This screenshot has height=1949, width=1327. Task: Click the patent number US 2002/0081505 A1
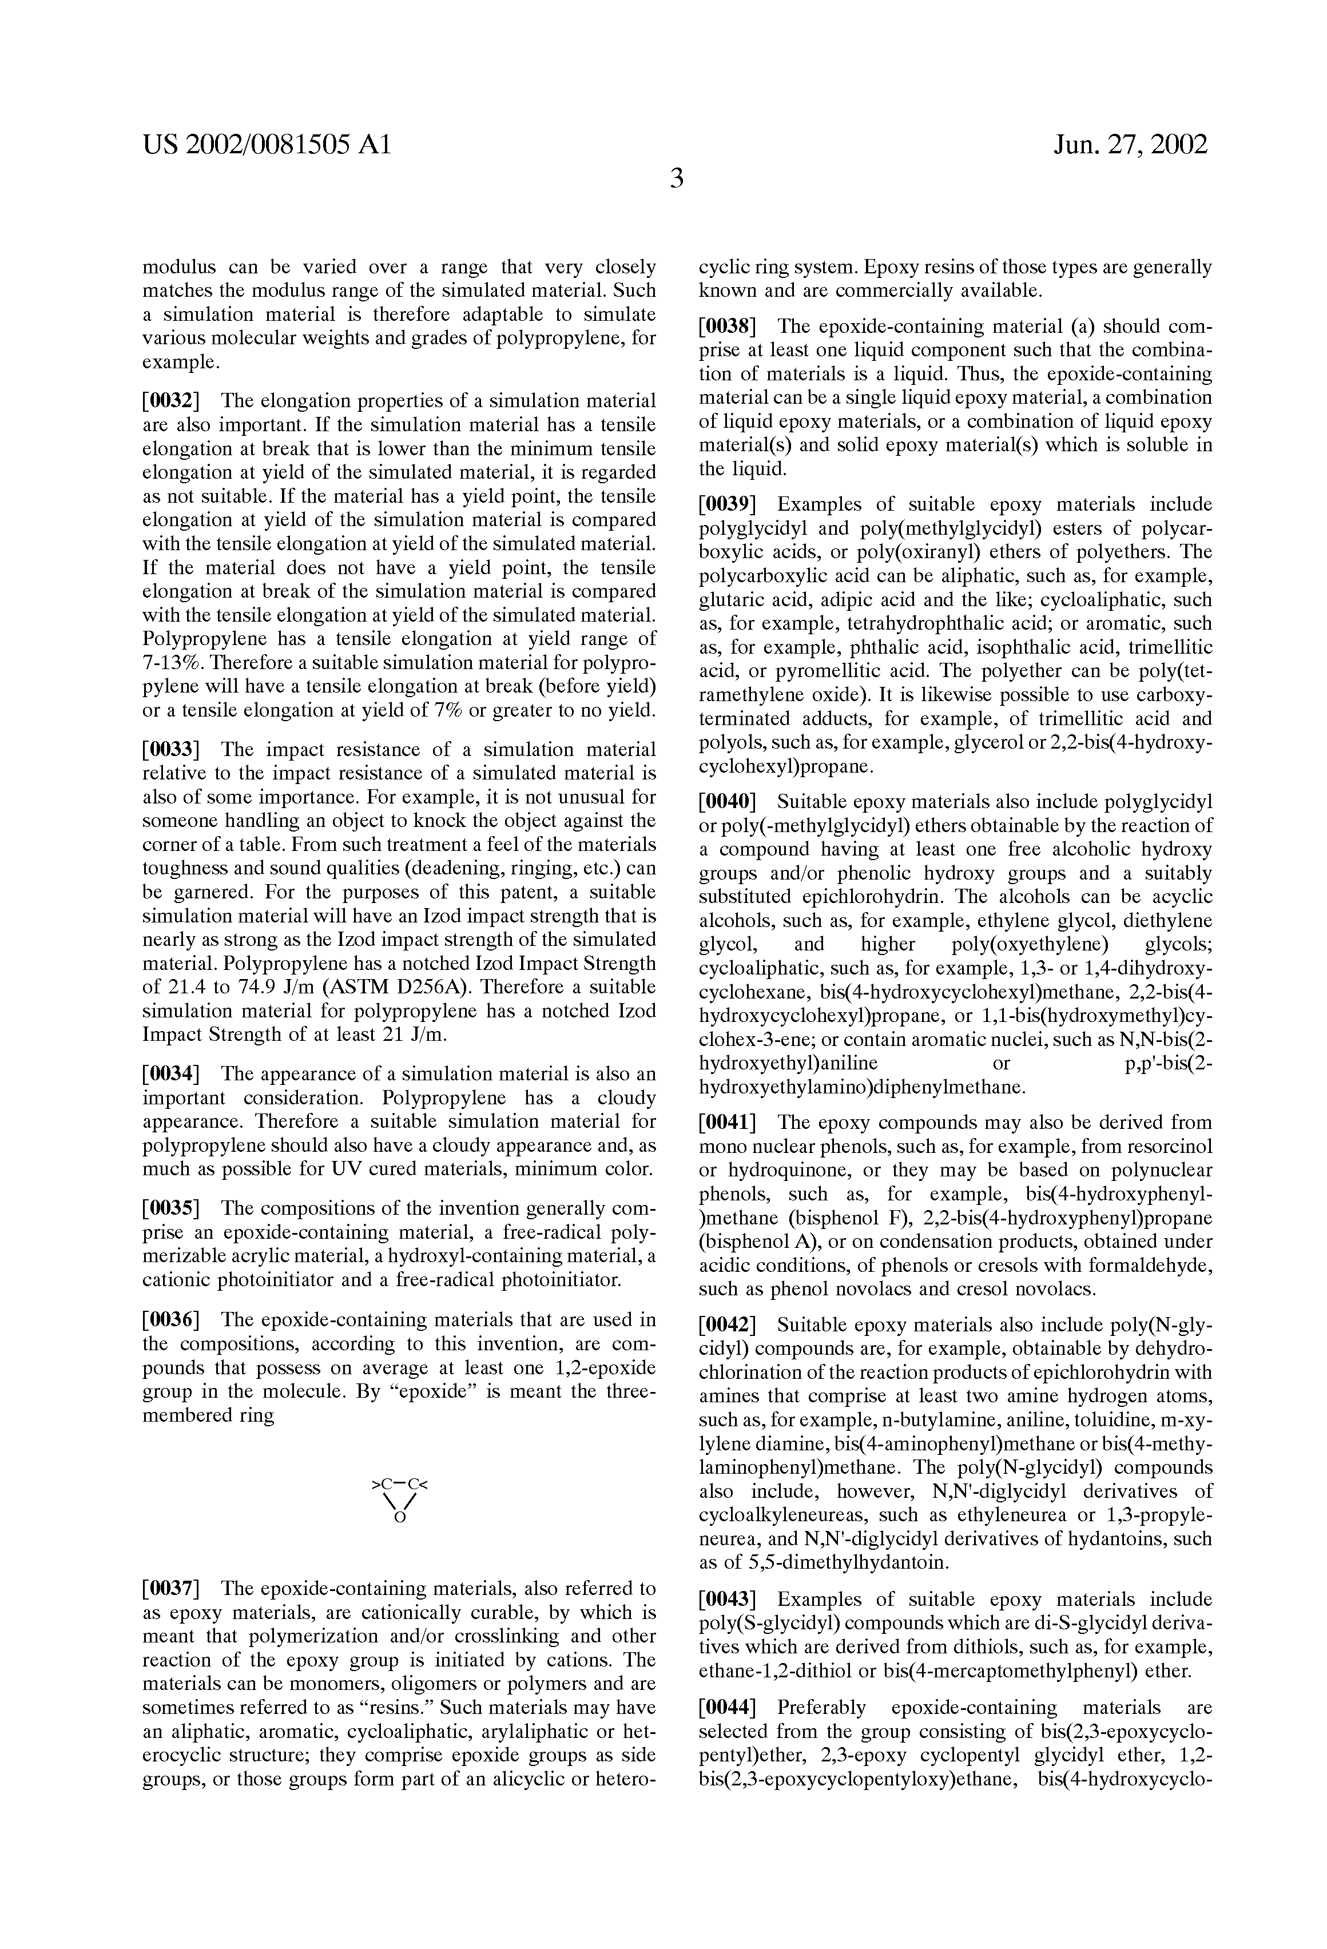[267, 146]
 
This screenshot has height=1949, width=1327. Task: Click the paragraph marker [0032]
[170, 401]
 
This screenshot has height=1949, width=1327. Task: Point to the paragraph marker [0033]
[170, 750]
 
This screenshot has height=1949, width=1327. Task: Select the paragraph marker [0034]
[170, 1075]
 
